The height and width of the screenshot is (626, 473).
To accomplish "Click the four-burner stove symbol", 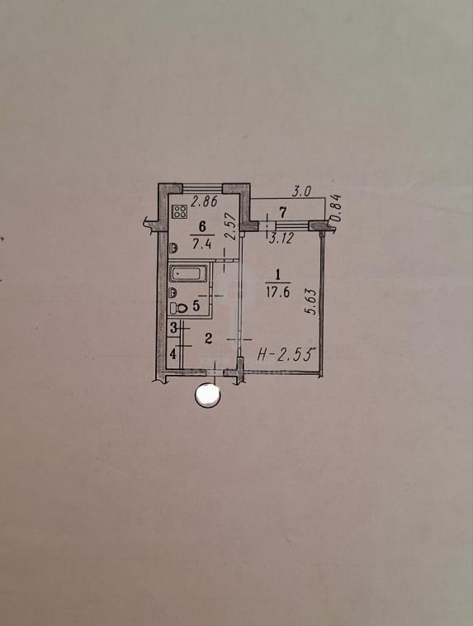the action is coord(180,211).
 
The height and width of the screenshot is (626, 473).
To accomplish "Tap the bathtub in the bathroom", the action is coord(188,274).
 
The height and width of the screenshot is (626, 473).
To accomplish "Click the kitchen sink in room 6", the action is coord(173,248).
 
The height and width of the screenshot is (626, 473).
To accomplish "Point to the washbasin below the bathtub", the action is coord(173,293).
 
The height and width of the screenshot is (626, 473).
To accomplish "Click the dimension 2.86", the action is coord(204,202).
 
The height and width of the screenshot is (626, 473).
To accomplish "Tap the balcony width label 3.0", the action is coord(301,192).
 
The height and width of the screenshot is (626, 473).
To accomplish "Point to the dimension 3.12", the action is coord(281,239).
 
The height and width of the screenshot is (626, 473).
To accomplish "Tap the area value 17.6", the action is coord(277,292).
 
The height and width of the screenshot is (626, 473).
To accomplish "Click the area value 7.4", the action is coord(201,244).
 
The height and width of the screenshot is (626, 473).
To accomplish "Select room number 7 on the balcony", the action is coord(282,212).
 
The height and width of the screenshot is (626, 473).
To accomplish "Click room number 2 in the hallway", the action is coord(208,339).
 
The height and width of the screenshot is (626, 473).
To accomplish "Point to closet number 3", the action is coord(173,329).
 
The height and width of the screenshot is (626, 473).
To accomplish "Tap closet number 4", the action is coord(173,353).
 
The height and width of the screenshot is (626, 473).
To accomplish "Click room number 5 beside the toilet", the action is coord(196,306).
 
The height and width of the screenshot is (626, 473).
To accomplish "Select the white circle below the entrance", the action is coord(207,396).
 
